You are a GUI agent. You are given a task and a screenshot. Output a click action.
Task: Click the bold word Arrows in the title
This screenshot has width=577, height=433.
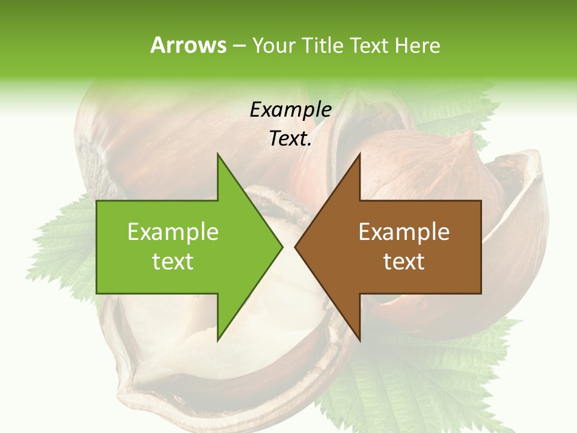pos(188,45)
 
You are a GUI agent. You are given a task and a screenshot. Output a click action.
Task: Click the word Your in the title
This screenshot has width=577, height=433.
pos(274,46)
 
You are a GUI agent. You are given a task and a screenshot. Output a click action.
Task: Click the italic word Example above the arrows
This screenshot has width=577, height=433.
pos(290,110)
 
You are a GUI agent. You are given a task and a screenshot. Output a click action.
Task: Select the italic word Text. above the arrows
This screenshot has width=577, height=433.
pos(290,139)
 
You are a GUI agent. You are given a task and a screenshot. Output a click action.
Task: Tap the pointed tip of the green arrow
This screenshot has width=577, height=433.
pos(281,247)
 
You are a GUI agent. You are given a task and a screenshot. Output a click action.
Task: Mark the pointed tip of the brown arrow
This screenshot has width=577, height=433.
pos(296,247)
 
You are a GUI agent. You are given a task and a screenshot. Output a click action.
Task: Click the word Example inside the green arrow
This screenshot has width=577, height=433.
pos(173,232)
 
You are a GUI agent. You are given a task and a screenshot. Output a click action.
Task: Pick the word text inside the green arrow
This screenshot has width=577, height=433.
pos(173,262)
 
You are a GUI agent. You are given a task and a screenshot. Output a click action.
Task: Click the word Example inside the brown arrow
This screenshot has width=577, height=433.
pos(404,232)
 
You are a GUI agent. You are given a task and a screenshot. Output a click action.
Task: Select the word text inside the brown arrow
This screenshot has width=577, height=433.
pos(404,262)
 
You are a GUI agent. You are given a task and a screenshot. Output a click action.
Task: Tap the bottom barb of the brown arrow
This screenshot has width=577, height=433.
pos(359,337)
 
